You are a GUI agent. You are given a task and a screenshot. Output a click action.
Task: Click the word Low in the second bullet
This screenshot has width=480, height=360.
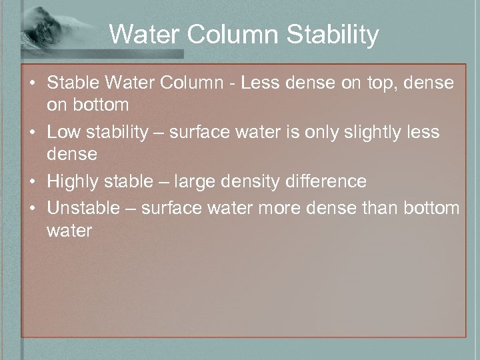coord(62,132)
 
